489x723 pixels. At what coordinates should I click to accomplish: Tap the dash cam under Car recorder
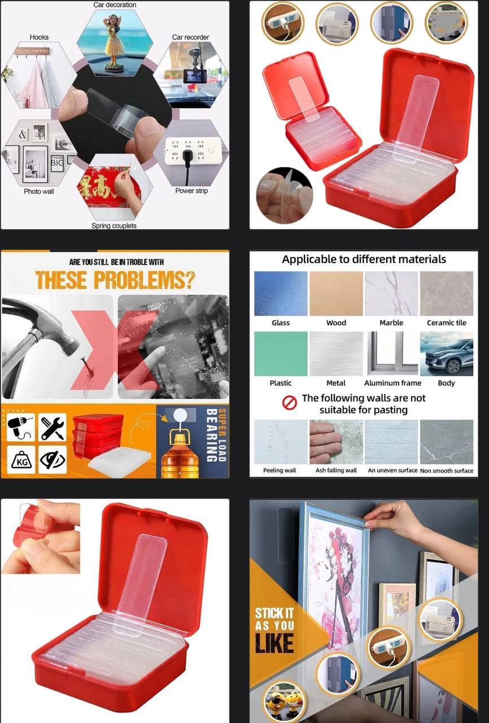pyautogui.click(x=194, y=76)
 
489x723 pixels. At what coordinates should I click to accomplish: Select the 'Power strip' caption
pyautogui.click(x=191, y=190)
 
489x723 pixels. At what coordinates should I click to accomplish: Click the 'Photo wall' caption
pyautogui.click(x=39, y=191)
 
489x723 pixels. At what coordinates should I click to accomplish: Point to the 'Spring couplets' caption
pyautogui.click(x=114, y=225)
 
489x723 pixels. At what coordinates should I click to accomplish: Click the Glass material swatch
pyautogui.click(x=281, y=293)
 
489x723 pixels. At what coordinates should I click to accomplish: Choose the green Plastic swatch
pyautogui.click(x=281, y=354)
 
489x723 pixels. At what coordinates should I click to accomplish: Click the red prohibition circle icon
pyautogui.click(x=289, y=403)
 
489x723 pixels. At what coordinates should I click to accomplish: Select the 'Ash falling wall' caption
pyautogui.click(x=336, y=471)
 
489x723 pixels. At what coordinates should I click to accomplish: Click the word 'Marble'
pyautogui.click(x=391, y=323)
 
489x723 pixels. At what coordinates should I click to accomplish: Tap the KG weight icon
pyautogui.click(x=21, y=460)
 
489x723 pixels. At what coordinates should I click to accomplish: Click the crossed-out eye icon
pyautogui.click(x=53, y=460)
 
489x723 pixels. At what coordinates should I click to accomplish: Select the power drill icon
pyautogui.click(x=21, y=427)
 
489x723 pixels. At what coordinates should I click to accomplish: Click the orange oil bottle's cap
pyautogui.click(x=180, y=438)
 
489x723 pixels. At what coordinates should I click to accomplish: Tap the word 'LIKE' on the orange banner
pyautogui.click(x=274, y=643)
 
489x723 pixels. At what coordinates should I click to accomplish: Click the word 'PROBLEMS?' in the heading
pyautogui.click(x=144, y=280)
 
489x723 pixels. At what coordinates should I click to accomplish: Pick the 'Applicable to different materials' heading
pyautogui.click(x=364, y=259)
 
